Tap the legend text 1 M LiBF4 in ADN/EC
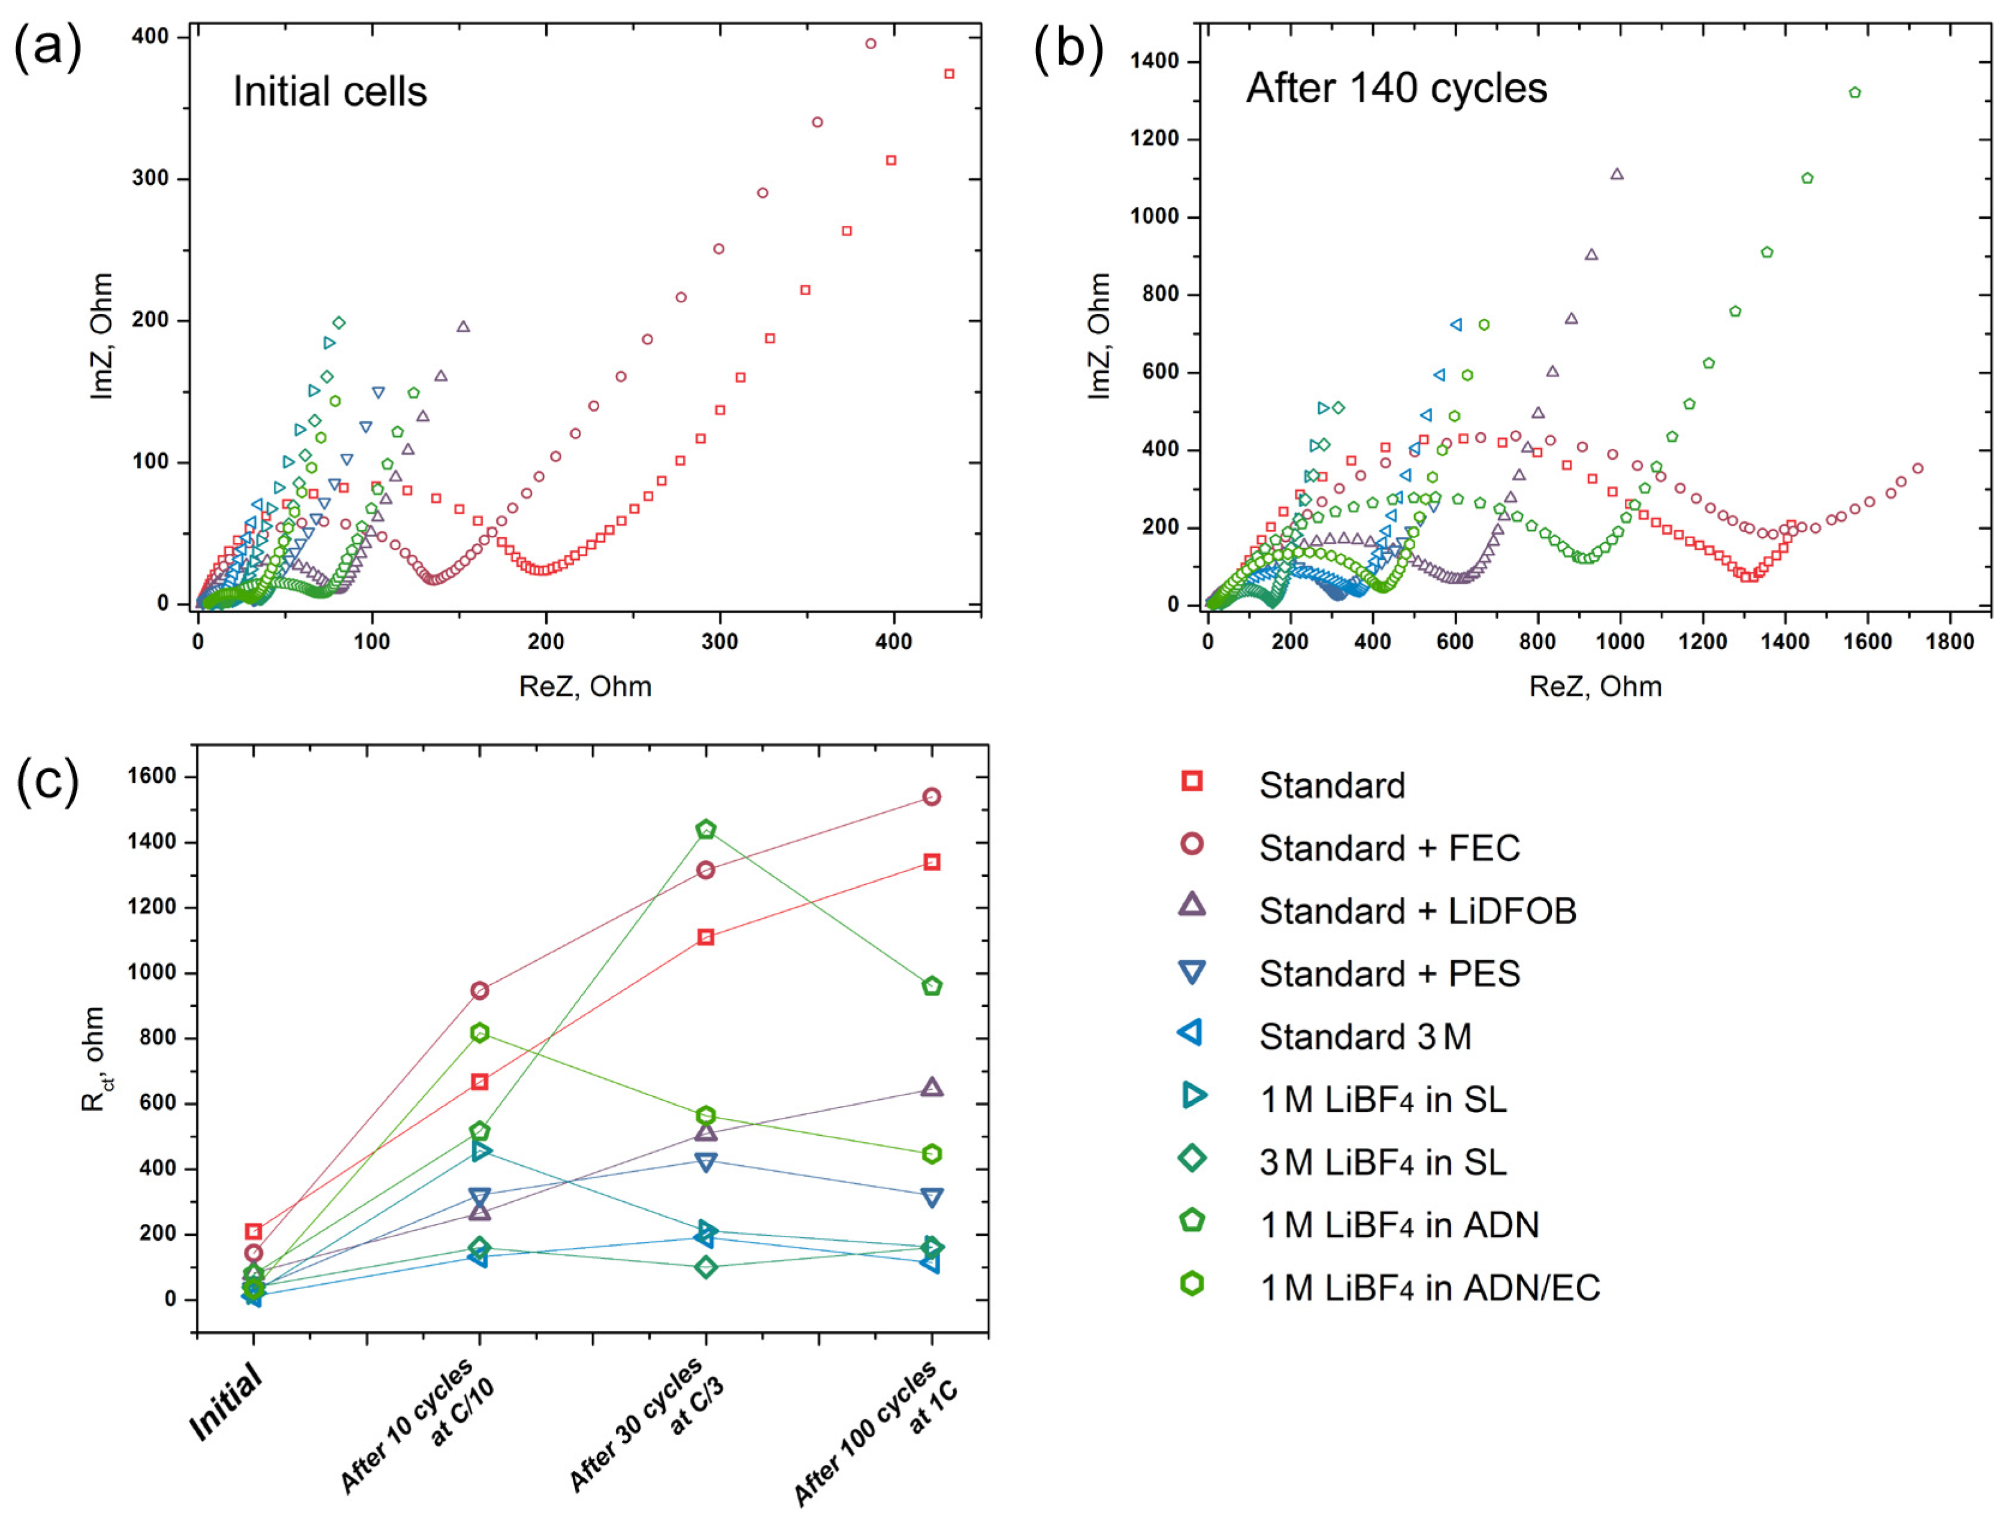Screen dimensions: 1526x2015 [1428, 1287]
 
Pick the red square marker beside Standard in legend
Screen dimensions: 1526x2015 [1192, 781]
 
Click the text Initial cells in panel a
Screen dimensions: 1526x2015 [330, 92]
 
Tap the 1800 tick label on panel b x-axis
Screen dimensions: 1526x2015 [1950, 641]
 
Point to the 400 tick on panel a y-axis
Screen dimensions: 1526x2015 [150, 37]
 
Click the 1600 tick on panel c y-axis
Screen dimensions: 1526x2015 [151, 776]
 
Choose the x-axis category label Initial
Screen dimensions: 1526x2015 [226, 1403]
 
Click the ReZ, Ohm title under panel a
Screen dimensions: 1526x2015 [585, 686]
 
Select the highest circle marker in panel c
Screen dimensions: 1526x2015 [932, 797]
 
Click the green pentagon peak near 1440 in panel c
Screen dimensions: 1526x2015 [706, 829]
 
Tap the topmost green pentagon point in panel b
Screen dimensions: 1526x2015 [1854, 93]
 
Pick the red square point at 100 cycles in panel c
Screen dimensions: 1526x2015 [932, 862]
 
